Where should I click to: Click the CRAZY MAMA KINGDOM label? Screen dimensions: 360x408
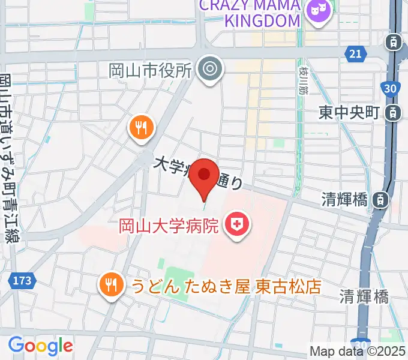pos(249,13)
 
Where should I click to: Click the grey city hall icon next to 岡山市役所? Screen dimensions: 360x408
pos(209,70)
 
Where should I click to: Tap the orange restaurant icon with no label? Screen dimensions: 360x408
pos(141,128)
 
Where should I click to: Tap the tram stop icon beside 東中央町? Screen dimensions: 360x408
pos(394,112)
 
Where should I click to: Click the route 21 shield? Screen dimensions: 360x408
pos(356,55)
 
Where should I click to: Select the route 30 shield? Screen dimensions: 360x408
pos(391,89)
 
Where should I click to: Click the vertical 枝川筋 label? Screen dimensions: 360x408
pos(302,81)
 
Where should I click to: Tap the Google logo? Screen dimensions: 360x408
pos(40,345)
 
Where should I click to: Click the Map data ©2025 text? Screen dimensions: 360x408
pos(358,350)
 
